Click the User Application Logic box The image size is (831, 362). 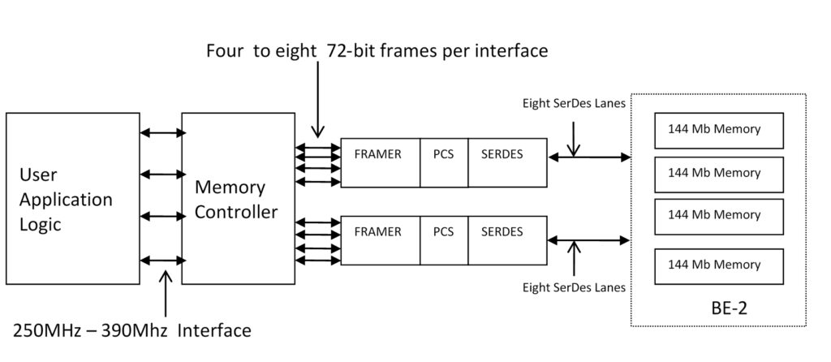click(73, 199)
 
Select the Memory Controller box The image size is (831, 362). click(238, 199)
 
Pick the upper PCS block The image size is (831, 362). click(443, 162)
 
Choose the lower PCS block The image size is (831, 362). click(443, 240)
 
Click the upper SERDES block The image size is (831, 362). click(506, 162)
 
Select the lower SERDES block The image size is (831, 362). click(506, 240)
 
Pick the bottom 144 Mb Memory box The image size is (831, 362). click(718, 265)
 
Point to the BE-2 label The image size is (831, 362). click(727, 309)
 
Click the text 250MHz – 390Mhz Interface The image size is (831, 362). click(132, 330)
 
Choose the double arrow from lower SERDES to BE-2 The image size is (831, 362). click(589, 239)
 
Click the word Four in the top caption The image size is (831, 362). click(226, 50)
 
